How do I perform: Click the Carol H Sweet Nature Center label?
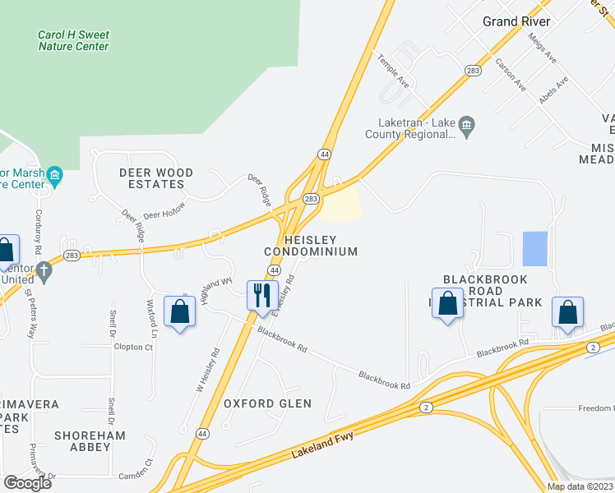click(x=73, y=41)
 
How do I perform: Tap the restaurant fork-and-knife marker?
click(x=262, y=295)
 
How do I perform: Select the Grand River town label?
click(x=516, y=21)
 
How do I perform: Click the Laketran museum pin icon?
click(x=467, y=126)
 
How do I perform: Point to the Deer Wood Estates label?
click(x=156, y=178)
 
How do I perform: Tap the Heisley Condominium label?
click(x=311, y=245)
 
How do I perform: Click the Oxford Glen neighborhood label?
click(x=268, y=403)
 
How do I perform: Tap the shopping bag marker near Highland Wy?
click(x=180, y=312)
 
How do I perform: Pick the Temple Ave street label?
click(x=393, y=71)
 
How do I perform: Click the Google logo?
click(x=27, y=483)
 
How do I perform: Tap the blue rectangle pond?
click(x=534, y=249)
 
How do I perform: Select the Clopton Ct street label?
click(x=133, y=348)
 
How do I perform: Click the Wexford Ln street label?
click(x=151, y=319)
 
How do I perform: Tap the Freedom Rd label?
click(x=595, y=408)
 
